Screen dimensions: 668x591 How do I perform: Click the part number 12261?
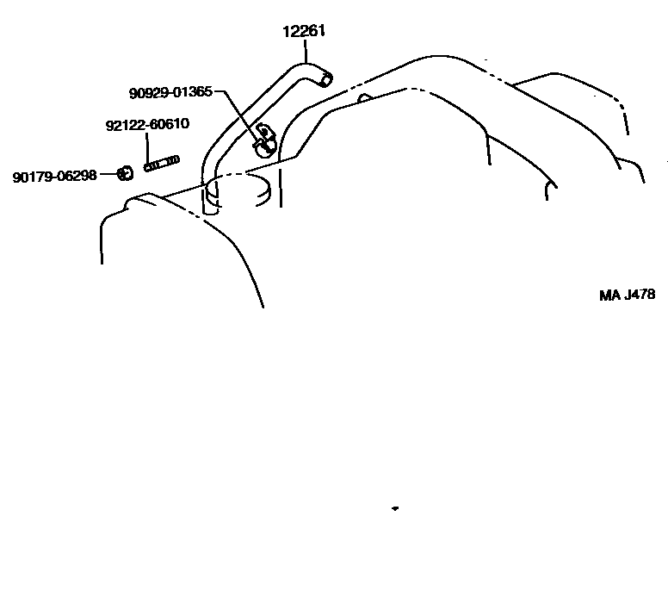tap(304, 33)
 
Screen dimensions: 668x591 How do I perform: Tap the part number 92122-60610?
tap(147, 124)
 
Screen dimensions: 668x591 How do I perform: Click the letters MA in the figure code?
tap(609, 295)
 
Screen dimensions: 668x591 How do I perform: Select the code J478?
tap(640, 295)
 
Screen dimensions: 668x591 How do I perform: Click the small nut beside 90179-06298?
tap(124, 174)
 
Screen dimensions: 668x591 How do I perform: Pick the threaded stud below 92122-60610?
tap(161, 163)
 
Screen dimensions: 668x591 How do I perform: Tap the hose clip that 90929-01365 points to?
tap(265, 139)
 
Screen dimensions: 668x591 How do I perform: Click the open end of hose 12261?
tap(325, 80)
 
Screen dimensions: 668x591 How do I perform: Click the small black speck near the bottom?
tap(394, 509)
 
